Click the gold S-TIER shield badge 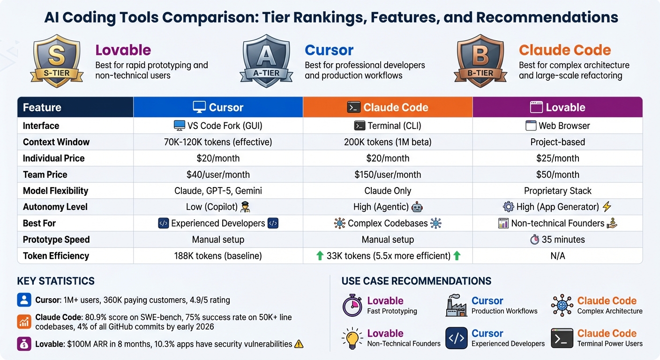[x=57, y=60]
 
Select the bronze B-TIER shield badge [x=480, y=60]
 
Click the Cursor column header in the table [x=218, y=107]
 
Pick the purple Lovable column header [x=557, y=107]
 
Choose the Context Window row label [x=56, y=142]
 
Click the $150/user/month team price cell [x=388, y=174]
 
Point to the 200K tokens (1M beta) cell [x=388, y=142]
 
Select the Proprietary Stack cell [x=557, y=191]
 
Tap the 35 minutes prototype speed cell [x=557, y=240]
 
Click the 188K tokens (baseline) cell [x=218, y=256]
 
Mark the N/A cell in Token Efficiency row [x=557, y=256]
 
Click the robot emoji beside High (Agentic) [x=417, y=207]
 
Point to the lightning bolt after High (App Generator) [x=607, y=207]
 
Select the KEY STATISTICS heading [x=56, y=281]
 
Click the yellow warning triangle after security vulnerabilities [x=299, y=344]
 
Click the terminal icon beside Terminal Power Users [x=562, y=338]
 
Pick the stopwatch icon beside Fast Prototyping [x=352, y=306]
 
